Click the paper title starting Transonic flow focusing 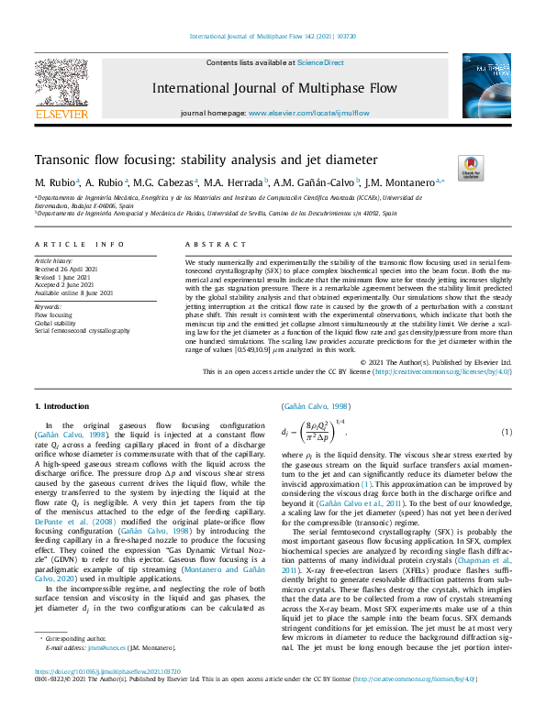pos(200,159)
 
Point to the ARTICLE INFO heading pos(79,245)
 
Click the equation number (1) pos(506,431)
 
